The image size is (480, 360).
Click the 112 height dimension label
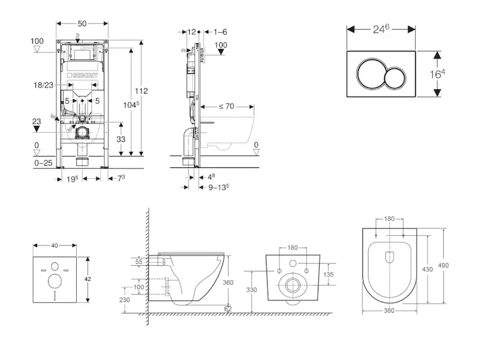142,91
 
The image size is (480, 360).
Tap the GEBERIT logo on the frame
87,74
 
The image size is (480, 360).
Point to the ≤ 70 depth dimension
226,106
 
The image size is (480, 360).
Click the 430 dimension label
427,269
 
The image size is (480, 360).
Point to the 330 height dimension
251,290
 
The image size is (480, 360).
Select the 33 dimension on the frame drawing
121,139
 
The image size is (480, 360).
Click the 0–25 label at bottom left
43,163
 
